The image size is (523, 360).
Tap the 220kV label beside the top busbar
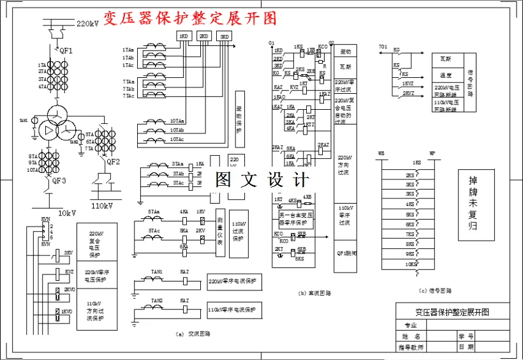click(x=88, y=24)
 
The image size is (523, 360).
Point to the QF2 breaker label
click(x=113, y=161)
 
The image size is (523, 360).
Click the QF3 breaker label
click(x=59, y=181)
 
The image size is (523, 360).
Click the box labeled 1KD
click(x=184, y=36)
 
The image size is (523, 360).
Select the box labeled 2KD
click(x=204, y=36)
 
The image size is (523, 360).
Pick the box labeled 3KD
click(x=225, y=36)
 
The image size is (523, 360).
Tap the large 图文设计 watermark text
click(x=261, y=179)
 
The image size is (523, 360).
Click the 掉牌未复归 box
click(x=473, y=203)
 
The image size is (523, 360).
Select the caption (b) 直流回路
click(x=313, y=293)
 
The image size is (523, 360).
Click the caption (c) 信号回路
click(x=436, y=290)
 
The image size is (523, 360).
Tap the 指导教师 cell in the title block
click(x=411, y=347)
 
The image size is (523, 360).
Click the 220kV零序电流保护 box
click(x=232, y=281)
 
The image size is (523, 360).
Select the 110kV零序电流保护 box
click(x=232, y=310)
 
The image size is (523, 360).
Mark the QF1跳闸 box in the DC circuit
click(x=346, y=253)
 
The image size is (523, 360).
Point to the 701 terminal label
click(x=383, y=47)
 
